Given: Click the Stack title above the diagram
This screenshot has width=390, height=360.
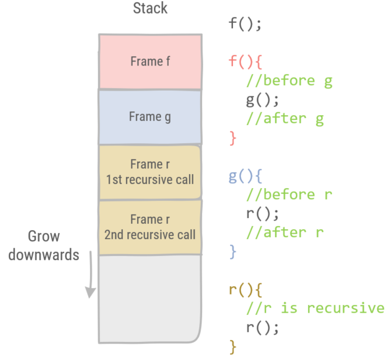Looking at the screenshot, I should pyautogui.click(x=149, y=9).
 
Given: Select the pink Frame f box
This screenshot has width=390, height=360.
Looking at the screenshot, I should pyautogui.click(x=150, y=61).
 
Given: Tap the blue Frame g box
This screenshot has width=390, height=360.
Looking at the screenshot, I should pyautogui.click(x=150, y=116).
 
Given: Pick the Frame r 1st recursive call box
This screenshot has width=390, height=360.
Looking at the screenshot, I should pyautogui.click(x=150, y=171).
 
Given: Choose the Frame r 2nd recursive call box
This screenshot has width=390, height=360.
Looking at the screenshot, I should pyautogui.click(x=150, y=227).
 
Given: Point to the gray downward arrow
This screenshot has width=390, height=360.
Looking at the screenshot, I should pyautogui.click(x=90, y=274).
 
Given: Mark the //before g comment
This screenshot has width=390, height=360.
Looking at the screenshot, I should pyautogui.click(x=289, y=81).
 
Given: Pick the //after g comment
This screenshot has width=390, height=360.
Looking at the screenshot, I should pyautogui.click(x=285, y=119).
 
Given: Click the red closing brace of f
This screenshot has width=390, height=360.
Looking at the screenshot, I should pyautogui.click(x=233, y=138).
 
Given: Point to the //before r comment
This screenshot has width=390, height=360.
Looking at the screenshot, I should pyautogui.click(x=289, y=195).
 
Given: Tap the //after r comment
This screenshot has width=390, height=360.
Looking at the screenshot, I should pyautogui.click(x=285, y=233).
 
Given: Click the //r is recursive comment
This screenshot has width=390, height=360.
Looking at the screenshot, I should pyautogui.click(x=315, y=308).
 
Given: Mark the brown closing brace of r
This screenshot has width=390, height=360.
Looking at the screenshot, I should pyautogui.click(x=233, y=347).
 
